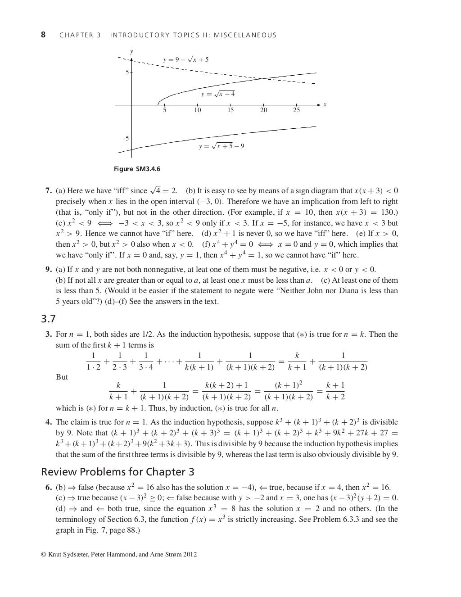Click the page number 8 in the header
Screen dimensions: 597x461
point(43,35)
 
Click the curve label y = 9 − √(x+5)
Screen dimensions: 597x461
point(185,59)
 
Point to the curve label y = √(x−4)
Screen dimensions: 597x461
point(218,94)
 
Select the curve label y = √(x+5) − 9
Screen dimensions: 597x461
point(221,146)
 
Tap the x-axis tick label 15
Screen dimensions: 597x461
point(230,110)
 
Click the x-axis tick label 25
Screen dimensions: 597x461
point(296,110)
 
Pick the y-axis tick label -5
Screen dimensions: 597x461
point(126,138)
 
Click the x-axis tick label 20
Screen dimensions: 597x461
point(263,110)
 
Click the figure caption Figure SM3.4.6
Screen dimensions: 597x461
point(137,169)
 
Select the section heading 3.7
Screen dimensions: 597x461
point(48,319)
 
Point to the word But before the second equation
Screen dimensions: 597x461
point(62,377)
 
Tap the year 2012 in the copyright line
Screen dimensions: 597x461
point(190,554)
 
